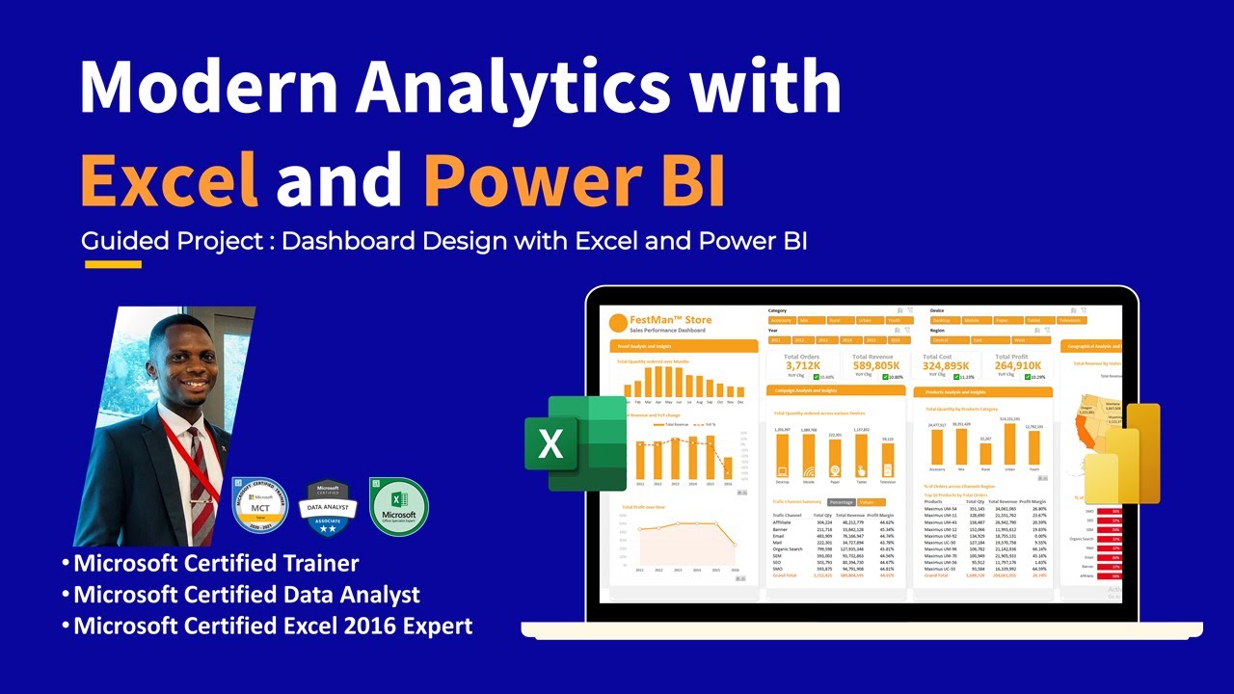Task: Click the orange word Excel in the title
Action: coord(170,180)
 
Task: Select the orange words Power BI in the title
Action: coord(574,180)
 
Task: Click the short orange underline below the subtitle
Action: coord(113,264)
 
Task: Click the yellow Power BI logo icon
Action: coord(1123,453)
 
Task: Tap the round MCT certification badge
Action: coord(260,504)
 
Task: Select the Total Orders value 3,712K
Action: coord(801,366)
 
